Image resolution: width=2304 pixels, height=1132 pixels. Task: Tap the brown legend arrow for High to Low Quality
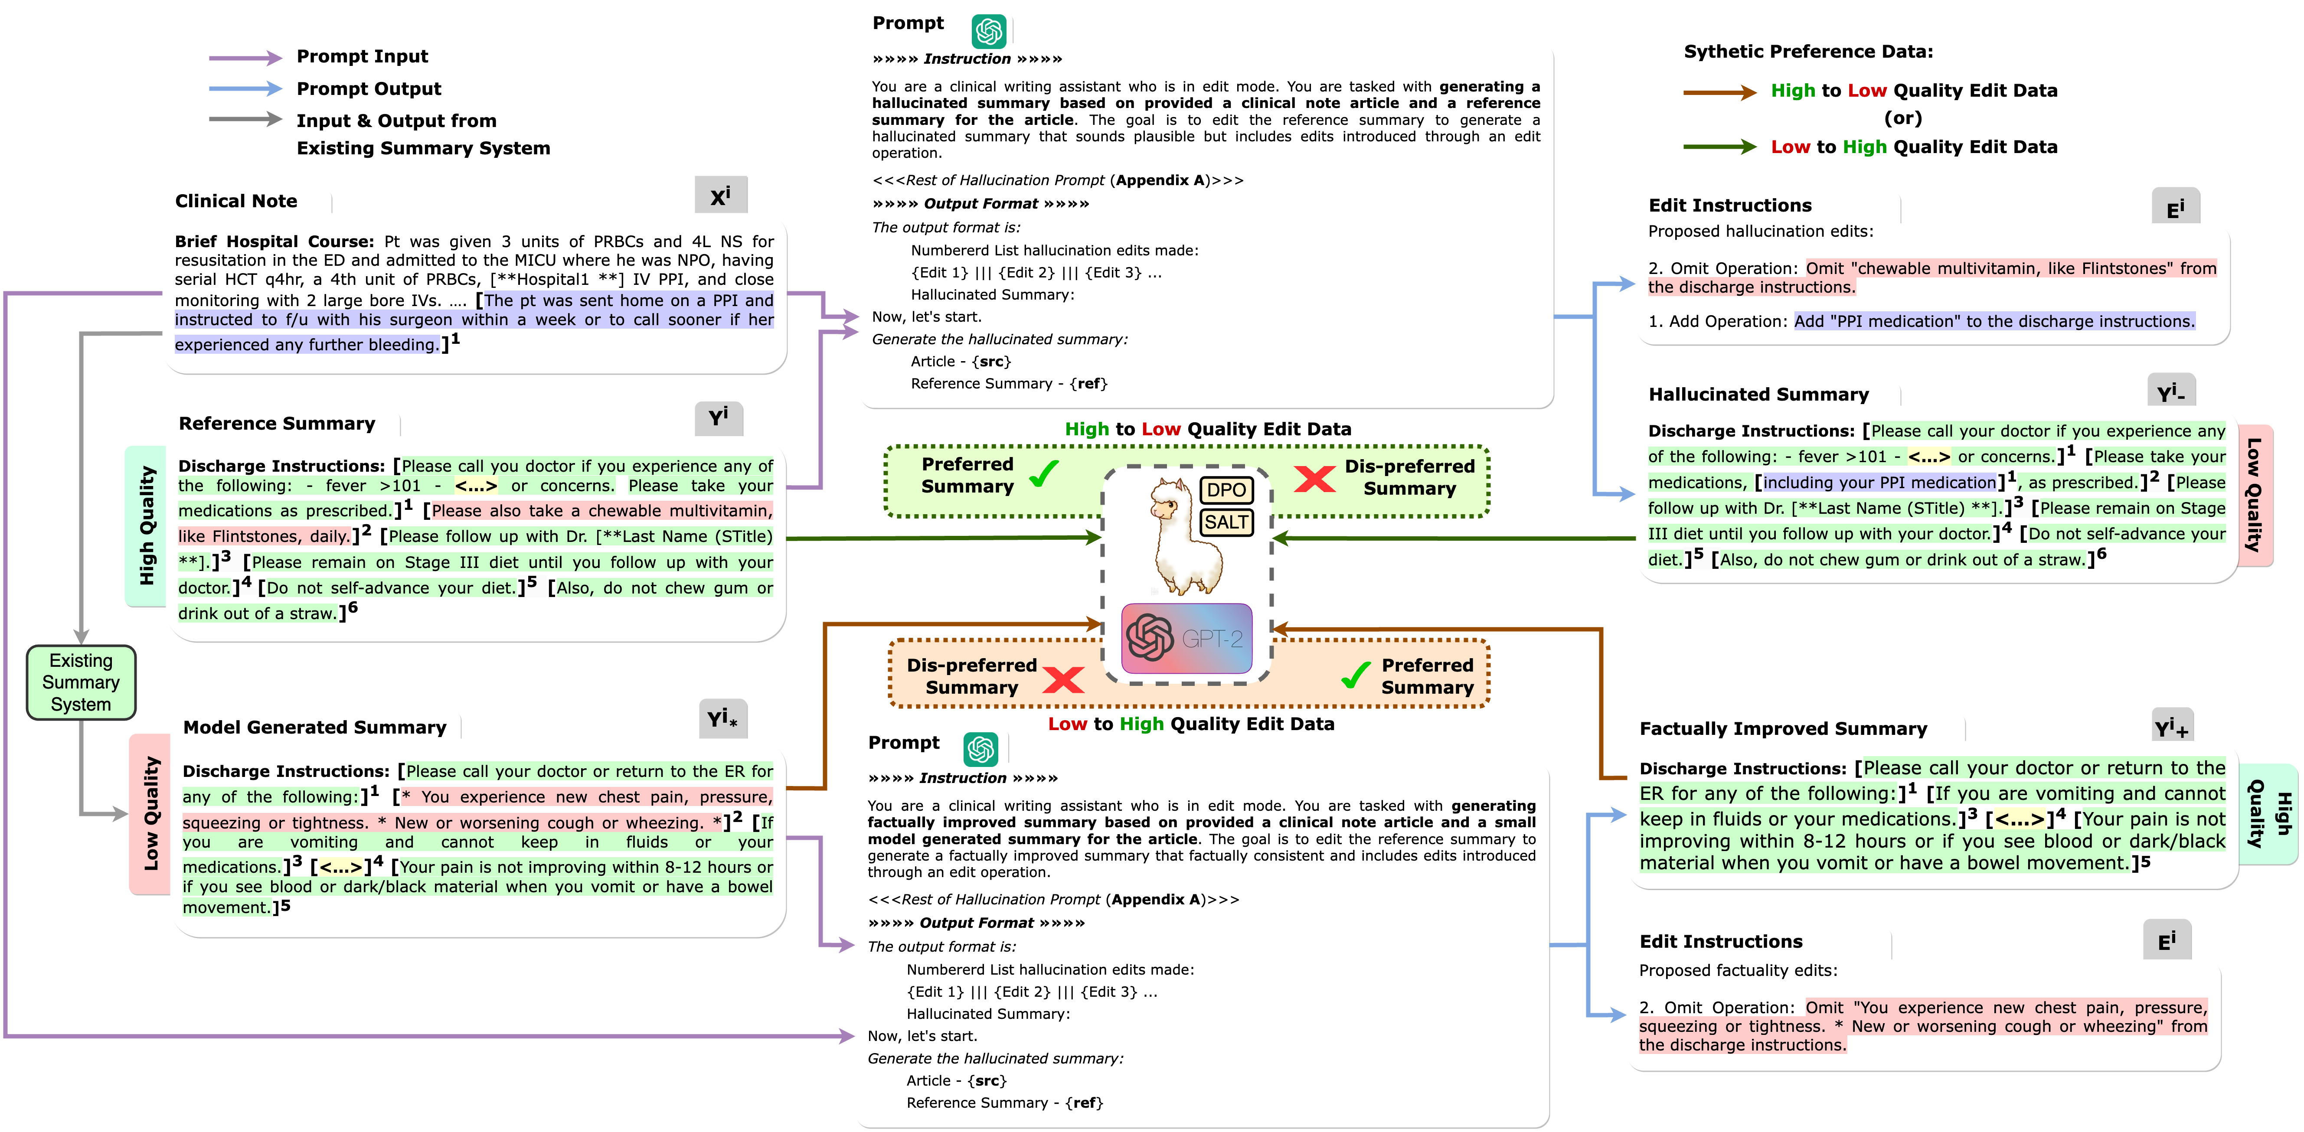pyautogui.click(x=1719, y=92)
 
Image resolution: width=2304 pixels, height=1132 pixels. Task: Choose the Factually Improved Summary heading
pyautogui.click(x=1783, y=729)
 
